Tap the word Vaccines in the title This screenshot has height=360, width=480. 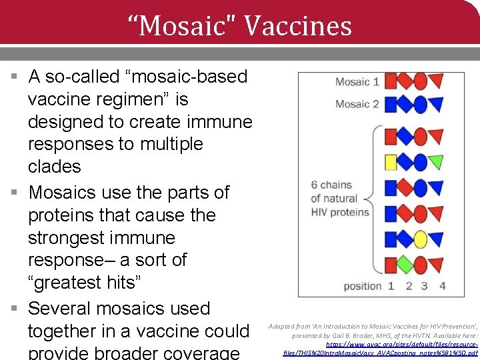pos(298,26)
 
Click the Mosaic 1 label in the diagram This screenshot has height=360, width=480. pos(357,82)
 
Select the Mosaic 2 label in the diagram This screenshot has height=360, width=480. pos(357,104)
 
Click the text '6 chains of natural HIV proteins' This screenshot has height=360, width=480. pos(340,199)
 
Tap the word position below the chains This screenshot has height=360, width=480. pos(363,286)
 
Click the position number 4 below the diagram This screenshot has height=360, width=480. pos(442,286)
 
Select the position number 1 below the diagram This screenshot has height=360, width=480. pos(391,286)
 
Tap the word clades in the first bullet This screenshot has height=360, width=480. pos(54,167)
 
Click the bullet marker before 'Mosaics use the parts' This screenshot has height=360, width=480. pos(14,193)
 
